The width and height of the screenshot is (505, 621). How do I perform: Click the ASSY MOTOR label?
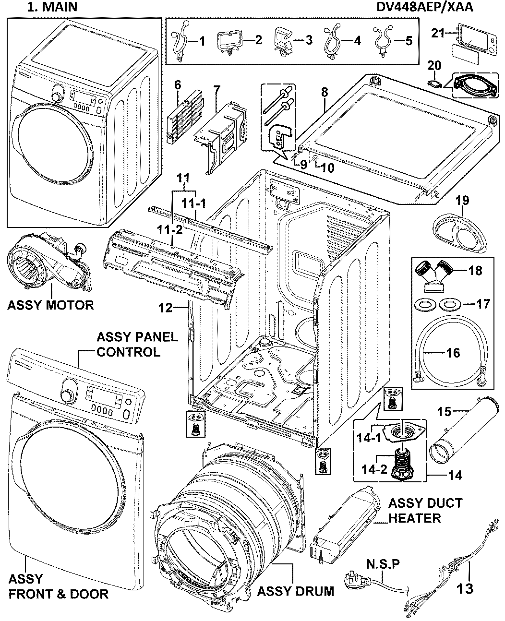(x=50, y=305)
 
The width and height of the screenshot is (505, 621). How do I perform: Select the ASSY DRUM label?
(x=296, y=590)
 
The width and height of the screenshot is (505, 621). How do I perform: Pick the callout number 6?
(x=178, y=85)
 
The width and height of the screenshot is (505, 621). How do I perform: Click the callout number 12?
(x=166, y=308)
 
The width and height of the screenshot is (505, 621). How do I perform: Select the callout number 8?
(x=325, y=92)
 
